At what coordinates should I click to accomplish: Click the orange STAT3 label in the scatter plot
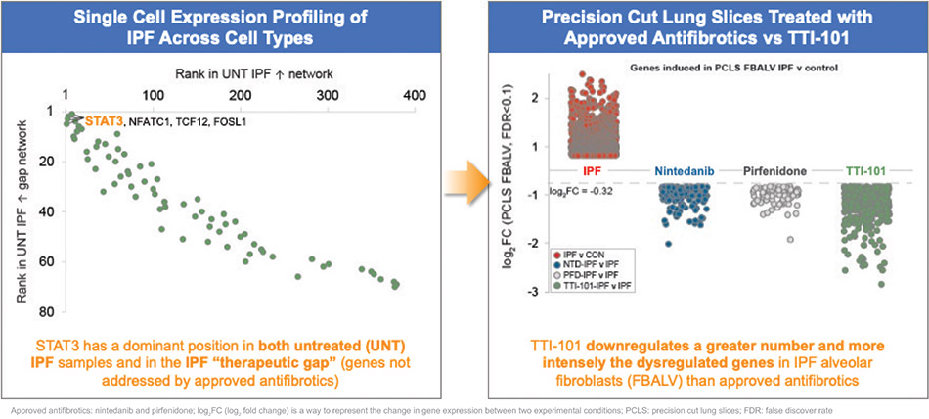105,122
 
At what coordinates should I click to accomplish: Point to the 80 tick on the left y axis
46,311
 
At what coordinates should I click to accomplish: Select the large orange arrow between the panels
459,178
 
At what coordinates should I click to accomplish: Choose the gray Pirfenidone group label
775,171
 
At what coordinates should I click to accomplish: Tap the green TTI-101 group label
864,171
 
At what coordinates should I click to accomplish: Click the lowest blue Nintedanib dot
669,244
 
